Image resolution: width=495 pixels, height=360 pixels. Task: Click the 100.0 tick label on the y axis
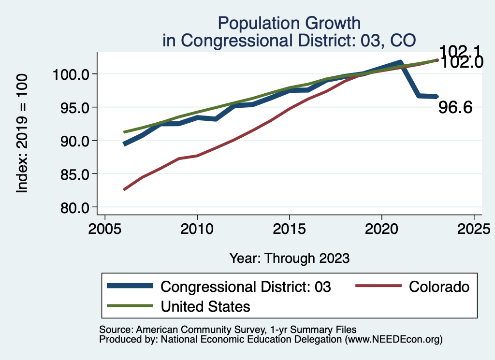[x=70, y=74]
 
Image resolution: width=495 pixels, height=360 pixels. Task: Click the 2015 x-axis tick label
[x=290, y=228]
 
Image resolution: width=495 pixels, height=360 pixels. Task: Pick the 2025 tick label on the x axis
[x=474, y=228]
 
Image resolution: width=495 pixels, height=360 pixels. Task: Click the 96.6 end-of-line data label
[x=455, y=108]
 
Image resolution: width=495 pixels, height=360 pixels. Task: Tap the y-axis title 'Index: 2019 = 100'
[x=22, y=133]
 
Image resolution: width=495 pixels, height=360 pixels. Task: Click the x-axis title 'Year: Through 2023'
[x=289, y=258]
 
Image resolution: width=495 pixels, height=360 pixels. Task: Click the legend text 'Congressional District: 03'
[x=246, y=287]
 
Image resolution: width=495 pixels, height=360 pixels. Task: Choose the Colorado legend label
[x=439, y=287]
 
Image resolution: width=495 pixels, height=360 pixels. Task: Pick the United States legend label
[x=205, y=306]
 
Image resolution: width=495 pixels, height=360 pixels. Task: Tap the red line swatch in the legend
[x=379, y=286]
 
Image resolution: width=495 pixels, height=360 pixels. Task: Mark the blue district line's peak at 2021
[x=400, y=62]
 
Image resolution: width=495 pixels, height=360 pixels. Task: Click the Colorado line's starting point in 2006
[x=124, y=189]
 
